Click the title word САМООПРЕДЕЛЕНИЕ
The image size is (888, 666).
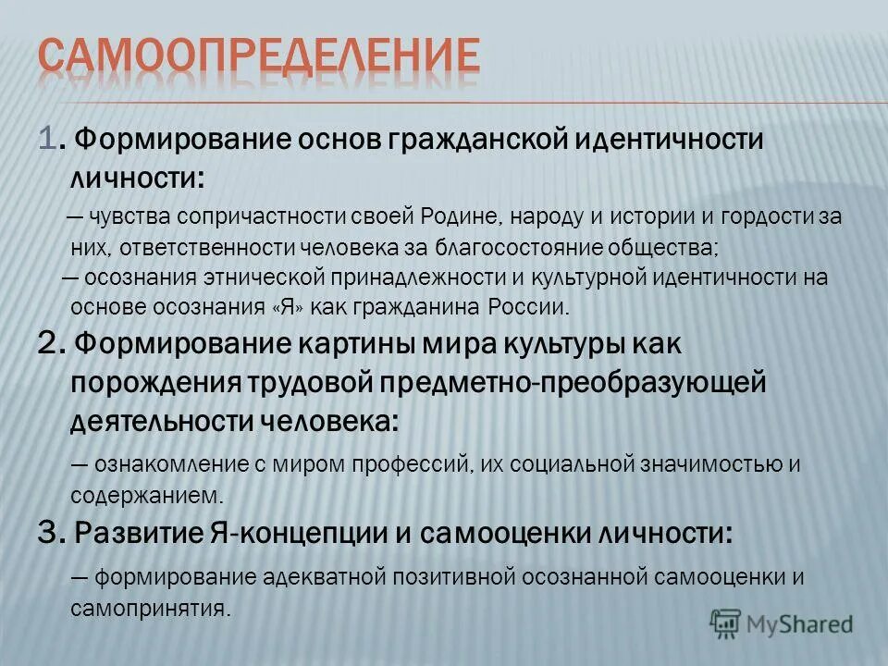pyautogui.click(x=260, y=57)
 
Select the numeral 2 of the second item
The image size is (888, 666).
pyautogui.click(x=50, y=344)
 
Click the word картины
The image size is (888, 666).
pyautogui.click(x=364, y=344)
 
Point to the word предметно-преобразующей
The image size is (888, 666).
pyautogui.click(x=559, y=382)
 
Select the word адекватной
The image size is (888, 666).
pyautogui.click(x=323, y=577)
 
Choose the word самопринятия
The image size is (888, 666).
pyautogui.click(x=149, y=608)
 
